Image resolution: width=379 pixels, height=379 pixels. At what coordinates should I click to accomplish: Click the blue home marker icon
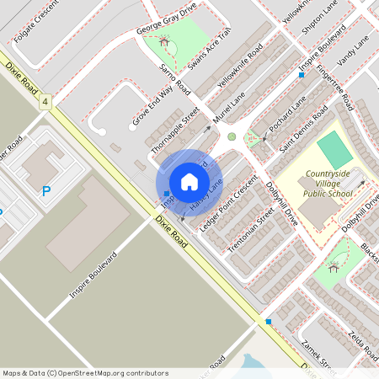(189, 182)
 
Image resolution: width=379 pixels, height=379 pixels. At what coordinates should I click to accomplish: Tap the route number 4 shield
(45, 102)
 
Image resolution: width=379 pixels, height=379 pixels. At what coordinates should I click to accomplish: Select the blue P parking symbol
(46, 191)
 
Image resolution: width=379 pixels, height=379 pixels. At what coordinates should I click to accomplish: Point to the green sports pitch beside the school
(335, 149)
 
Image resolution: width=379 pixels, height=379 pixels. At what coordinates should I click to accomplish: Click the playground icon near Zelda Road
(334, 268)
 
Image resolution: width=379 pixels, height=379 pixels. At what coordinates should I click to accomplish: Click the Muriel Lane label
(221, 110)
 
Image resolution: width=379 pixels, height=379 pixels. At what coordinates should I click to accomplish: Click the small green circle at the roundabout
(232, 136)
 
